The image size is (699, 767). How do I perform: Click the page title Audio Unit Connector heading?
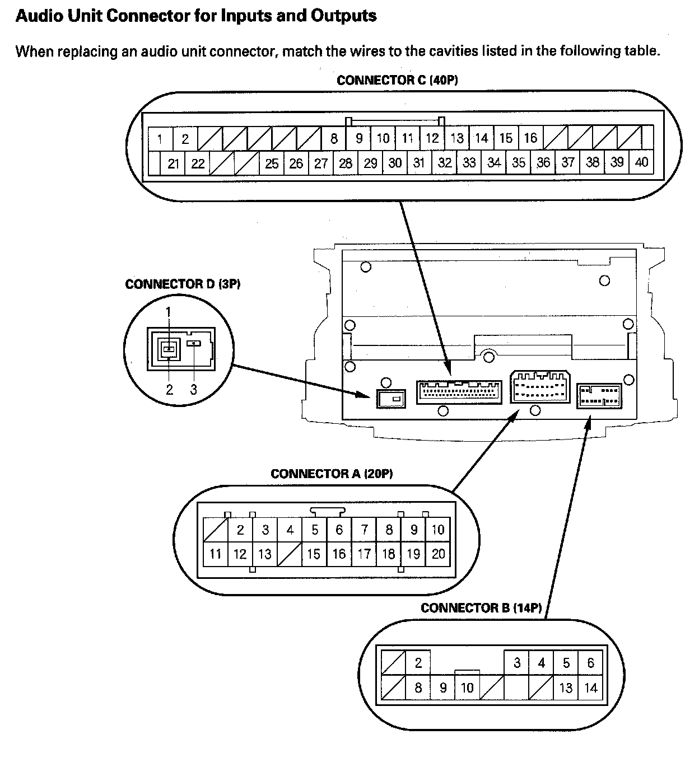click(x=196, y=16)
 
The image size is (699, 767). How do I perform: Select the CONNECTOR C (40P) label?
click(x=397, y=80)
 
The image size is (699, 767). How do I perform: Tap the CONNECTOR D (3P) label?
click(x=183, y=284)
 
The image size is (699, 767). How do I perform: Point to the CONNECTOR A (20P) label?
click(x=332, y=474)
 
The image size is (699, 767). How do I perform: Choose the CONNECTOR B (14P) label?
click(x=481, y=607)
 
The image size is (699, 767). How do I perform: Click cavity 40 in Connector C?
click(x=641, y=162)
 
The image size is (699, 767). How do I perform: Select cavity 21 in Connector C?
click(x=174, y=163)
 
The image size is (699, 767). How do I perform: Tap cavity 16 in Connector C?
click(x=530, y=138)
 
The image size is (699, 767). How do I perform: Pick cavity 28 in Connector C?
click(x=346, y=163)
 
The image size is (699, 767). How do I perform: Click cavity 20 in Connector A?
click(x=438, y=554)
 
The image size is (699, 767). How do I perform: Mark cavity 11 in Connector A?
click(x=216, y=554)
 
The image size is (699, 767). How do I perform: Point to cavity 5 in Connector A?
click(x=315, y=529)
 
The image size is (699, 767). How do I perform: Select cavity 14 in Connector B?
click(x=591, y=687)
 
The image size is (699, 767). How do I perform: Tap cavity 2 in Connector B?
click(x=418, y=663)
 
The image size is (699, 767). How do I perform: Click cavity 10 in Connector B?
click(x=467, y=687)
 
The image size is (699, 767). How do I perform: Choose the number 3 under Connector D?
click(x=193, y=390)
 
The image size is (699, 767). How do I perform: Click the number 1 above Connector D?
click(x=168, y=311)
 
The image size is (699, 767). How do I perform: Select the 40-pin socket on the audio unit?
click(x=459, y=392)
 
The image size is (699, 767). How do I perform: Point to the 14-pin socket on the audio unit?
click(x=599, y=396)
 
